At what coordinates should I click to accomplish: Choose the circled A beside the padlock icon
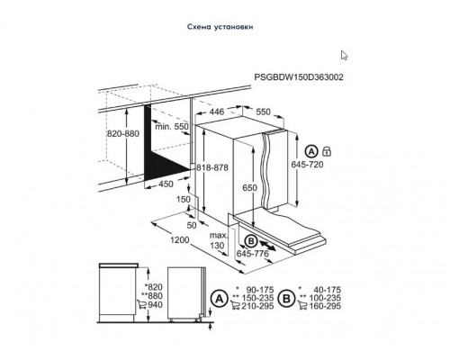311,150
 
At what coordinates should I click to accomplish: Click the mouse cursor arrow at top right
345,56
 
